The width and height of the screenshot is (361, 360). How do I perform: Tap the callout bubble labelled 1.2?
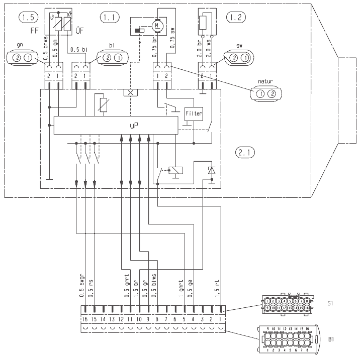tap(235, 18)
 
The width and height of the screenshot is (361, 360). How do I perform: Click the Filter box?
tap(194, 113)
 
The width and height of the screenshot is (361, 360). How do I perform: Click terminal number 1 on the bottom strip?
tap(220, 318)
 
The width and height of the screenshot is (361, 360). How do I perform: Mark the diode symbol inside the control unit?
tap(212, 171)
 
